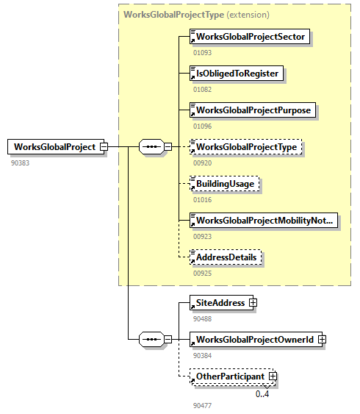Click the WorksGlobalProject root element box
click(54, 146)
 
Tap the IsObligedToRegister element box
click(235, 73)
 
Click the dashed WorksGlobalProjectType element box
click(246, 147)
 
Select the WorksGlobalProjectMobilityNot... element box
click(264, 221)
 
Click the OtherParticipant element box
click(229, 376)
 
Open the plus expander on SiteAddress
click(252, 302)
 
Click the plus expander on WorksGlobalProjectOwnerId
click(322, 339)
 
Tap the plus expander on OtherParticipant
click(273, 376)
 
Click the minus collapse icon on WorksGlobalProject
click(104, 146)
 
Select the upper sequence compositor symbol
click(151, 146)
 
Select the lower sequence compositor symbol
click(151, 339)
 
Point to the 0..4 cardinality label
click(262, 394)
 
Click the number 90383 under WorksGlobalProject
click(21, 163)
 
